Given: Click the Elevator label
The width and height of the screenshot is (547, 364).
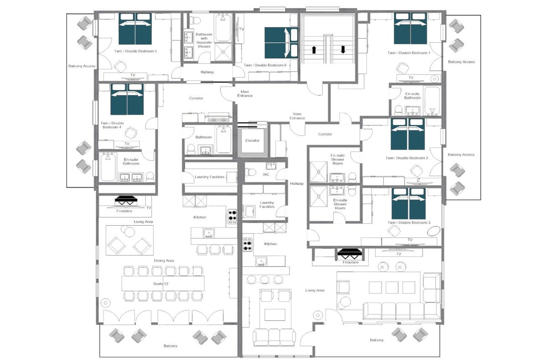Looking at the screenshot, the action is (252, 141).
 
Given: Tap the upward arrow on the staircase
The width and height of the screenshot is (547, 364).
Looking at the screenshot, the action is (314, 50).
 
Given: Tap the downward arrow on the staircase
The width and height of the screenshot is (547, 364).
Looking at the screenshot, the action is (343, 50).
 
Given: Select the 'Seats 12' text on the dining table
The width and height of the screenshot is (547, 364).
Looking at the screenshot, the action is (160, 284).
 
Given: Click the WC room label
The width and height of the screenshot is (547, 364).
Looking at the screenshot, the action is (266, 174).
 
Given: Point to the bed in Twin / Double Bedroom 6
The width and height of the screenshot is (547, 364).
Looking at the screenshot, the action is (281, 43).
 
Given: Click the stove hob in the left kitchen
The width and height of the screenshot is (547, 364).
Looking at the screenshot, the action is (232, 217).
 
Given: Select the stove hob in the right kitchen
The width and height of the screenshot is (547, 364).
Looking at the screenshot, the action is (248, 244).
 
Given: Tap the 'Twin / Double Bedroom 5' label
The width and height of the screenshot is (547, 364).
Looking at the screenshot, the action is (135, 51).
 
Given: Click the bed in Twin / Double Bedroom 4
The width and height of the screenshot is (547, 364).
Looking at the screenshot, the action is (127, 99).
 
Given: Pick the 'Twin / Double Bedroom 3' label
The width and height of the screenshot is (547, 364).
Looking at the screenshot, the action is (409, 222).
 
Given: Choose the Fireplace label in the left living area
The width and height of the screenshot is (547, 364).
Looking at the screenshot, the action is (124, 211).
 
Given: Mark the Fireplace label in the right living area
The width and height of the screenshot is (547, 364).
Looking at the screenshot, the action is (351, 263).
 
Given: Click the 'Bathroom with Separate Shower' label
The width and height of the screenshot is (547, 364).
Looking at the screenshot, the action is (204, 40).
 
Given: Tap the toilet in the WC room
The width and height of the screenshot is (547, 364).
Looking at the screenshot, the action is (250, 172).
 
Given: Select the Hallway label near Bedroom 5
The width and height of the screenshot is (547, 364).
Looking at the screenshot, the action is (207, 72).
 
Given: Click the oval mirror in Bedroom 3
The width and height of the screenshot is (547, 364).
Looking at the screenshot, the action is (434, 231).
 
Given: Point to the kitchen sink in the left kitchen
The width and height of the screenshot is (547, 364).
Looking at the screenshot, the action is (209, 233).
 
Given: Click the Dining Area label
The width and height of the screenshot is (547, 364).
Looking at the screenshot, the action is (164, 261).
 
